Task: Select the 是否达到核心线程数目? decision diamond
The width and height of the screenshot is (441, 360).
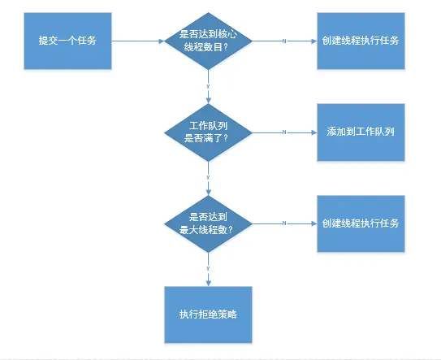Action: tap(209, 41)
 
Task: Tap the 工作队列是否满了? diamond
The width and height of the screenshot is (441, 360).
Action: tap(209, 132)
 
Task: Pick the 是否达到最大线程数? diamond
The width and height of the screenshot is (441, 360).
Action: tap(209, 223)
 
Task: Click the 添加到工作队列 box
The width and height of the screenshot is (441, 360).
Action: tap(360, 132)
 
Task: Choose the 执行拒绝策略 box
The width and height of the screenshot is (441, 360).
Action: tap(208, 314)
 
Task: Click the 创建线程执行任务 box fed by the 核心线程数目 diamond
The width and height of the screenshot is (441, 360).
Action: tap(360, 41)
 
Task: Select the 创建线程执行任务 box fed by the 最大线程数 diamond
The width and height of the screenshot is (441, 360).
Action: tap(360, 223)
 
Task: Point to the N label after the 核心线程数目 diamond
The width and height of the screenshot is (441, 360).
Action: tap(283, 41)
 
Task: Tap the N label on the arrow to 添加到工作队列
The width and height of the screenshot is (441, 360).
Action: tap(283, 132)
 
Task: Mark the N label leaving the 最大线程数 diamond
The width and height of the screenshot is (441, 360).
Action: tap(283, 223)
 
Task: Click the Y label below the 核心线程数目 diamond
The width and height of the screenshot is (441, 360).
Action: tap(209, 85)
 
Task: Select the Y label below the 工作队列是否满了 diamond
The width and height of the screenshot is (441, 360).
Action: tap(209, 176)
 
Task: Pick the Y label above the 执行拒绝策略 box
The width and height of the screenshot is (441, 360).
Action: tap(209, 267)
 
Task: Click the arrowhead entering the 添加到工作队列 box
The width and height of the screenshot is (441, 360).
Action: tap(312, 132)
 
